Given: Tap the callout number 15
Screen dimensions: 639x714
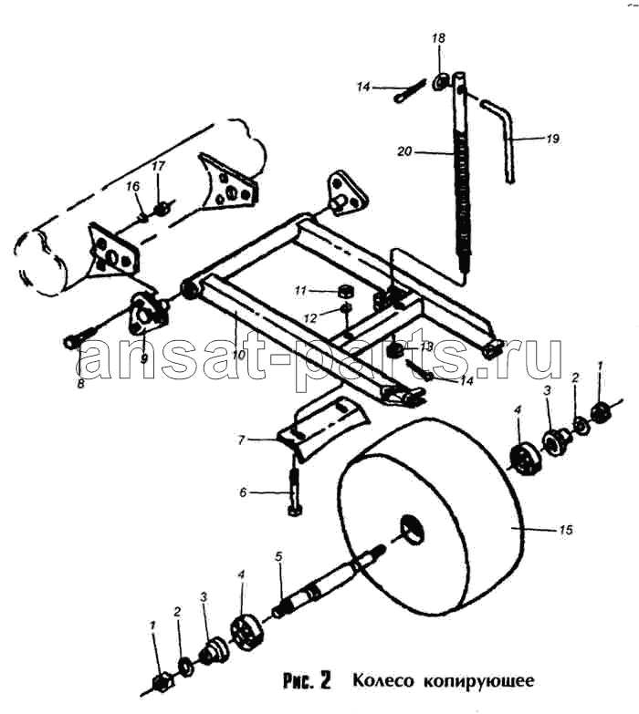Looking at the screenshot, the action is point(565,530).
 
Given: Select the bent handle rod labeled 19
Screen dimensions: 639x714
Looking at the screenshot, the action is point(501,141).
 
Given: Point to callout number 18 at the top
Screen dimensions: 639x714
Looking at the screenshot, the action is point(438,38).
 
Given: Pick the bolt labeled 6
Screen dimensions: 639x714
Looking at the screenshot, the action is point(294,492).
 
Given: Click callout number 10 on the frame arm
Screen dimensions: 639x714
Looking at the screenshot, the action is point(239,355).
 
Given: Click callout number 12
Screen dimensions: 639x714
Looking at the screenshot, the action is point(309,318).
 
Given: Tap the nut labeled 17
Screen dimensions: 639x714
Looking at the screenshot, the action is point(161,210).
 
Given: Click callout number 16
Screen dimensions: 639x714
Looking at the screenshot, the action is point(132,186).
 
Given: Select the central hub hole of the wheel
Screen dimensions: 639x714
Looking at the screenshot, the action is point(413,531).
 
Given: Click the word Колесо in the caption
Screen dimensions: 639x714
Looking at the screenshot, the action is point(383,681).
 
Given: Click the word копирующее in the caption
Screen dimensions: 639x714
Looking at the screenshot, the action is point(479,682).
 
